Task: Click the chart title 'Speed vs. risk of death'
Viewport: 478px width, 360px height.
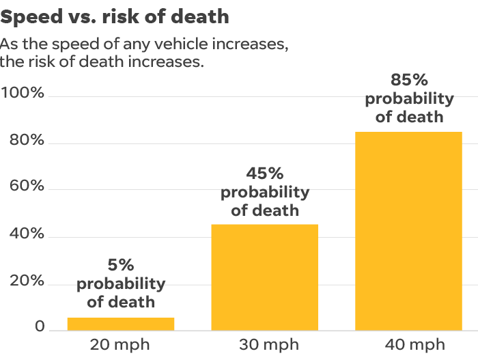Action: tap(115, 16)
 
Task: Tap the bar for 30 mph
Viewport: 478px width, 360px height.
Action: tap(265, 277)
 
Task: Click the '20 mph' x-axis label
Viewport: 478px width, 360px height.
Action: tap(119, 344)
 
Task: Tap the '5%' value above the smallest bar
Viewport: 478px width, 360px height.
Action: tap(121, 265)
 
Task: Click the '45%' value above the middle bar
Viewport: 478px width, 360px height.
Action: tap(265, 174)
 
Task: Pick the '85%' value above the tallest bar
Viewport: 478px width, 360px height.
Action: tap(409, 80)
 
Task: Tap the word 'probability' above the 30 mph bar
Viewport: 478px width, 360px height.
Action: tap(265, 192)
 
